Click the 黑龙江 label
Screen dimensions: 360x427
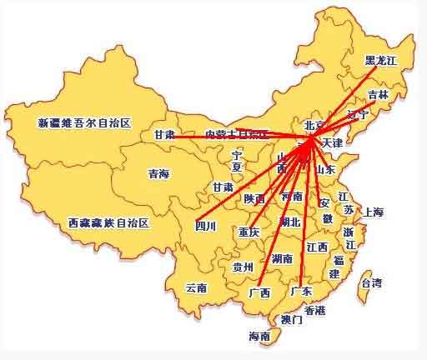[x=381, y=61]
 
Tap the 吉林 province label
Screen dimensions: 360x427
[x=378, y=95]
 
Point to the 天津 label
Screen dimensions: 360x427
[x=331, y=143]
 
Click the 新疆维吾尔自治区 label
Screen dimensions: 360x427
[x=85, y=123]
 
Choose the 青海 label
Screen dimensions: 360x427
[x=158, y=173]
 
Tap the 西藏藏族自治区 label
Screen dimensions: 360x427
[x=108, y=222]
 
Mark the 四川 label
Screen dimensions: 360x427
[x=205, y=225]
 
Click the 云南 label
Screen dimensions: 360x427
[x=196, y=287]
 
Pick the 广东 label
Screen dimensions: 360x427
[x=300, y=291]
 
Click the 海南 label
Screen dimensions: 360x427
[x=259, y=337]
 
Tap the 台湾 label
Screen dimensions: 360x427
[x=370, y=283]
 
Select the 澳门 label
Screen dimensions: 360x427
[x=291, y=319]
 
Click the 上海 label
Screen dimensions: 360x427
[x=373, y=212]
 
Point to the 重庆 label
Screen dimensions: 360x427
[x=249, y=231]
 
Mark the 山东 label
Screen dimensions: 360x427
[x=324, y=169]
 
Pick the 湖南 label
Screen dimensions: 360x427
[x=282, y=258]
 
